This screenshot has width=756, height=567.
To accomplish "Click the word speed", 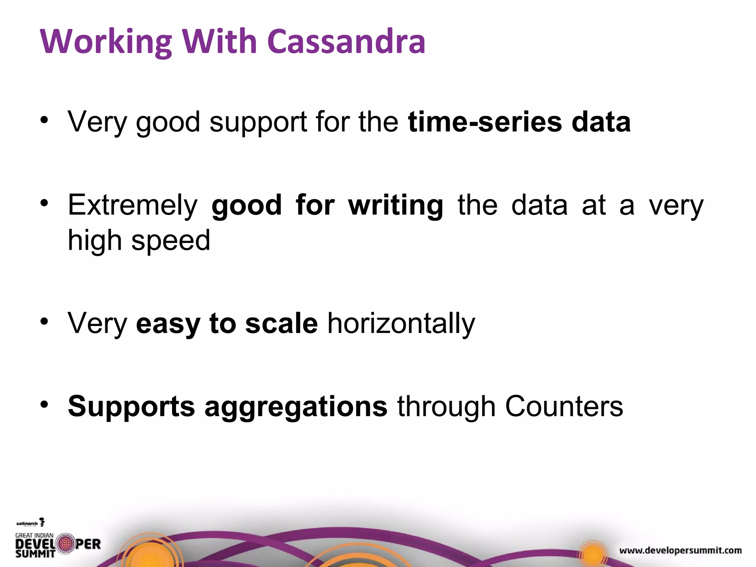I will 171,241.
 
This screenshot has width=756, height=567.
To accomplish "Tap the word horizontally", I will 401,323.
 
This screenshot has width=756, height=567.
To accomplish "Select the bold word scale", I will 281,323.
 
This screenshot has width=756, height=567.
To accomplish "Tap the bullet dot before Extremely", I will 44,203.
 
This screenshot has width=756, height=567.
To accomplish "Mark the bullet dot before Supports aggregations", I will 44,404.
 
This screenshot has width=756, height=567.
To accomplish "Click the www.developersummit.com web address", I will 680,550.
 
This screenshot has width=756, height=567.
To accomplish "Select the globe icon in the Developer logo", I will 66,543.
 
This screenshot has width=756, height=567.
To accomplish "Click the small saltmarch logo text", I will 27,523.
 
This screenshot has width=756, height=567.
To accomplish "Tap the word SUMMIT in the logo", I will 35,553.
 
